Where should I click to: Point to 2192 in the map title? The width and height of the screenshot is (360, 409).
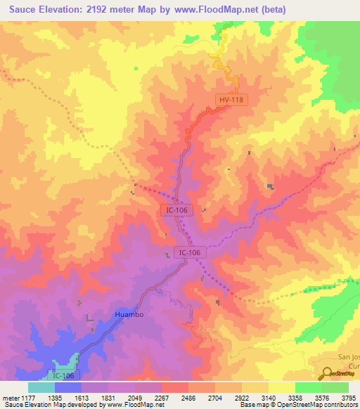point(97,9)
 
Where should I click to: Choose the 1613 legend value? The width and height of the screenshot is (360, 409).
point(82,398)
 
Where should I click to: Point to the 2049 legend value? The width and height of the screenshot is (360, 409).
point(135,398)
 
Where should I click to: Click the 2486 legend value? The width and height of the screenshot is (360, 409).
point(189,398)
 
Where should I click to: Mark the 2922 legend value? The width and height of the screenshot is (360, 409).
point(243,398)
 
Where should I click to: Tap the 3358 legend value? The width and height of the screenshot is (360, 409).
point(296,398)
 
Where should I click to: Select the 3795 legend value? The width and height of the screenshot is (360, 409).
point(349,398)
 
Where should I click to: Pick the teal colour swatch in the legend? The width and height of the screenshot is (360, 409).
point(41,387)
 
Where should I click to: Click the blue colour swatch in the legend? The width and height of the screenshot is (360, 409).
point(68,387)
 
